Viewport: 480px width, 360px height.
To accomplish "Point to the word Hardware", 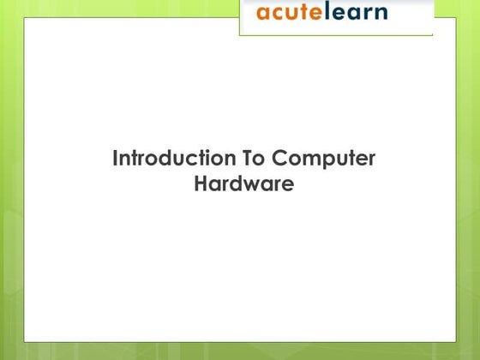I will (244, 183).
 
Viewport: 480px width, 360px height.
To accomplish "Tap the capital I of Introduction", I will (116, 159).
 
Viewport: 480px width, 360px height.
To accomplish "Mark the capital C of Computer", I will (280, 159).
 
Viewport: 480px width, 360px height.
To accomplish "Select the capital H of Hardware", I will (201, 183).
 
